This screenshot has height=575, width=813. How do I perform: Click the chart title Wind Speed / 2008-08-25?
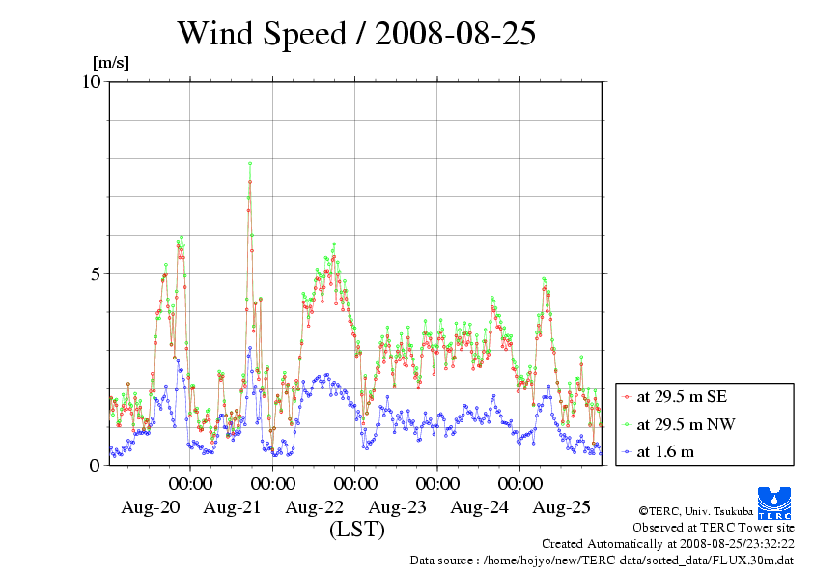pos(356,34)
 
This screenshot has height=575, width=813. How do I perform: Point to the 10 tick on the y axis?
pos(92,81)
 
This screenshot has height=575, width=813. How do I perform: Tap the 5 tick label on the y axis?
pos(95,273)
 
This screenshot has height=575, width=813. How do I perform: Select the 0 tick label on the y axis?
pos(95,465)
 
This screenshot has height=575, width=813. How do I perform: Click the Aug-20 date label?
pos(150,507)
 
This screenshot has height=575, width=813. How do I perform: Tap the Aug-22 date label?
pos(315,507)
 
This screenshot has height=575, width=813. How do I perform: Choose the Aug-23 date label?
pos(398,507)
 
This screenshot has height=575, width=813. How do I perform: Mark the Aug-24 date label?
pos(480,507)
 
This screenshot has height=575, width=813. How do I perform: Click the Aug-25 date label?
pos(562,507)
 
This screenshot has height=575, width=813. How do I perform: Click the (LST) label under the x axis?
pos(356,530)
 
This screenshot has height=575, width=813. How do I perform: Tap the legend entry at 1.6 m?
pos(665,451)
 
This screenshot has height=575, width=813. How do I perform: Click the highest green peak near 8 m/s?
pos(250,164)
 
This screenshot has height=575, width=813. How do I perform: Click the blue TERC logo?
pos(773,501)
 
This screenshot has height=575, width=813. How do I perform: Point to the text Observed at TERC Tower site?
pos(713,528)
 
